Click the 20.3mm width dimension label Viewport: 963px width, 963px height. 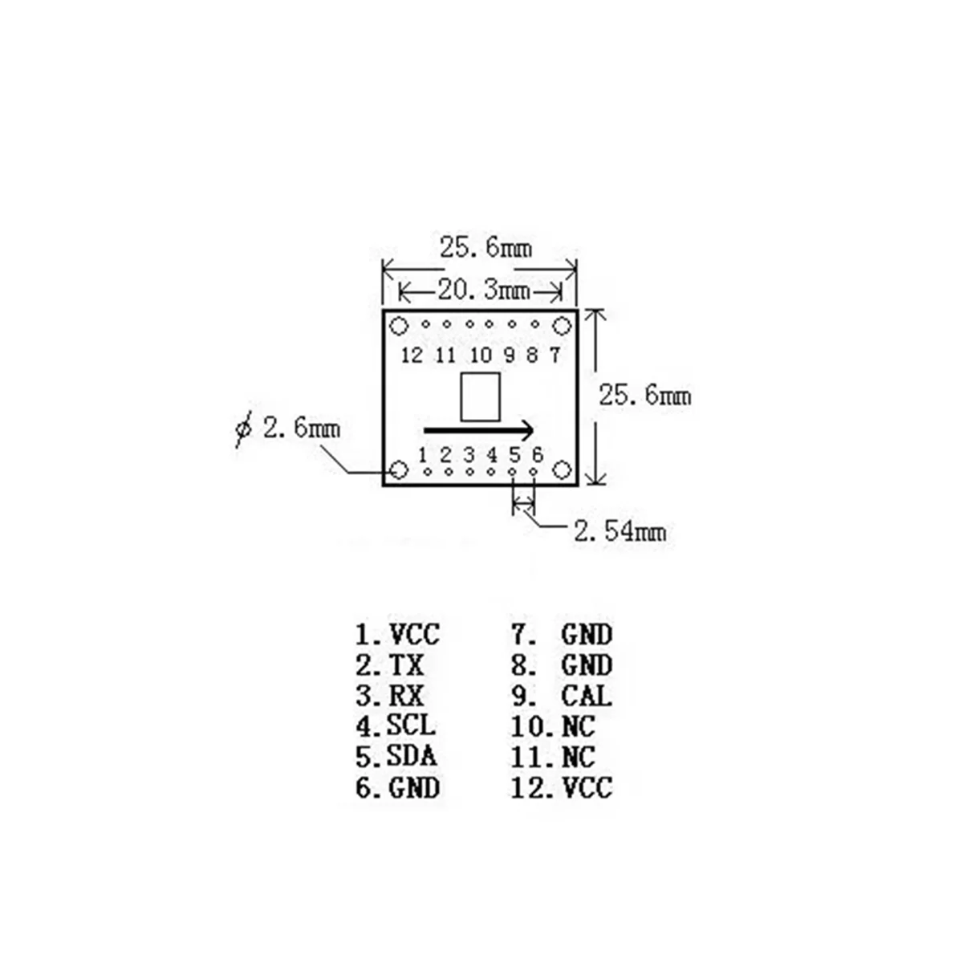pyautogui.click(x=484, y=288)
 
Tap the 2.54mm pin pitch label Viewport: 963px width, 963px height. pyautogui.click(x=619, y=530)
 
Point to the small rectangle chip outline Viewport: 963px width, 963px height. pyautogui.click(x=481, y=396)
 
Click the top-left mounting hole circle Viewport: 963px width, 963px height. pyautogui.click(x=398, y=326)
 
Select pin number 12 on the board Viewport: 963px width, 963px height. pyautogui.click(x=411, y=355)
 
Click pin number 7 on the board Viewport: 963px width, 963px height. pyautogui.click(x=555, y=355)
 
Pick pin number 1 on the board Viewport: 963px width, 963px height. pyautogui.click(x=423, y=454)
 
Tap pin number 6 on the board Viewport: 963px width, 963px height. pyautogui.click(x=537, y=454)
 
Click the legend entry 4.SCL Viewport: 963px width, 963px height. pyautogui.click(x=396, y=725)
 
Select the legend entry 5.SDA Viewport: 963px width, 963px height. pyautogui.click(x=396, y=756)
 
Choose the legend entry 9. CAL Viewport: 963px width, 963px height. pyautogui.click(x=562, y=695)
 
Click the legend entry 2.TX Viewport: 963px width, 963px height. pyautogui.click(x=390, y=664)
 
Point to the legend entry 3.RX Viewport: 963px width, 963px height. pyautogui.click(x=390, y=695)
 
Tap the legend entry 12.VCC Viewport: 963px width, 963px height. pyautogui.click(x=562, y=787)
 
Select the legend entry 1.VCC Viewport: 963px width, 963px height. pyautogui.click(x=398, y=634)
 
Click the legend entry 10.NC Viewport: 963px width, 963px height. pyautogui.click(x=553, y=725)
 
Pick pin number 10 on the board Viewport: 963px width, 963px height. pyautogui.click(x=481, y=355)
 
